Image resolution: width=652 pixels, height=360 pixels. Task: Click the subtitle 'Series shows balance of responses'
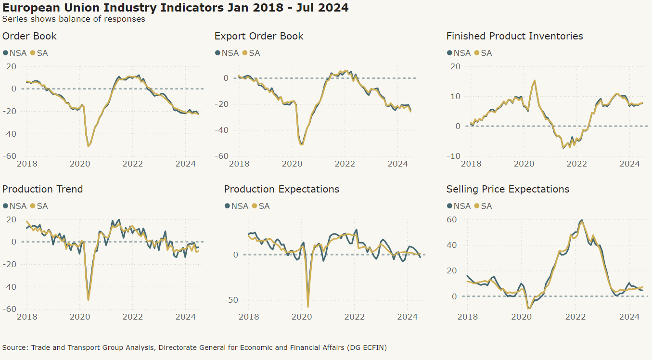tap(74, 19)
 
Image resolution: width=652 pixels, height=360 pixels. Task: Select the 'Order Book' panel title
tap(29, 36)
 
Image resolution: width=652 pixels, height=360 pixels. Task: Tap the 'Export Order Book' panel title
tap(259, 36)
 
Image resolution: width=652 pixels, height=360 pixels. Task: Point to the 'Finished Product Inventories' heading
tap(514, 36)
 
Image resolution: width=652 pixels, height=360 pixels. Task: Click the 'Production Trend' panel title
tap(42, 189)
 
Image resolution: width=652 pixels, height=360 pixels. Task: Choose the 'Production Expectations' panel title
tap(281, 189)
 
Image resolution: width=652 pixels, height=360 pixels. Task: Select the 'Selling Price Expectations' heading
tap(508, 189)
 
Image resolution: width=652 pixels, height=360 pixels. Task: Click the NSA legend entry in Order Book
tap(14, 53)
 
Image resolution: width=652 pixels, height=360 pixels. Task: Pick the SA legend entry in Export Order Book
tap(251, 53)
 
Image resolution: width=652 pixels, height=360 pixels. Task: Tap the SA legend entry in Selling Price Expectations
tap(483, 206)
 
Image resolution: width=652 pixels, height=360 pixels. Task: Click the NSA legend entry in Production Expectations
tap(236, 206)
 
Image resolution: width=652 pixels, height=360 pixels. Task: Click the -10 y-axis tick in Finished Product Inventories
tap(453, 156)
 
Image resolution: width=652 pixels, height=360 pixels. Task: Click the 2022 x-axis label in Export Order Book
tap(345, 164)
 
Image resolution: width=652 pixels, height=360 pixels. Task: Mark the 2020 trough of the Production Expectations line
tap(307, 307)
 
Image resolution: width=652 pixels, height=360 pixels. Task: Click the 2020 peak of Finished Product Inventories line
tap(535, 80)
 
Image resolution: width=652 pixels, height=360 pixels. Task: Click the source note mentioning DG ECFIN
tap(194, 347)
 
